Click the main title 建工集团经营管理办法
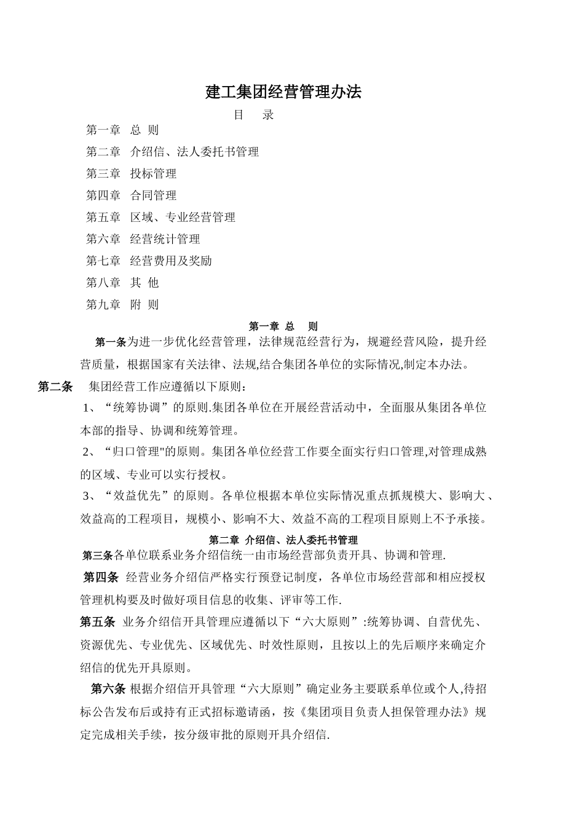click(x=283, y=92)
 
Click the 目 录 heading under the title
click(x=254, y=115)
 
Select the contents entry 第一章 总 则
click(x=122, y=130)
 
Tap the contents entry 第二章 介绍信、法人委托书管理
click(x=172, y=152)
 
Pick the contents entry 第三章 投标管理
click(x=131, y=174)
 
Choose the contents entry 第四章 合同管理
click(x=131, y=195)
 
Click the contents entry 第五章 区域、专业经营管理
click(x=160, y=218)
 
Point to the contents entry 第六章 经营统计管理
click(x=143, y=239)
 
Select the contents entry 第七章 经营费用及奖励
click(x=149, y=261)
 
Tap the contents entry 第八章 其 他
click(x=122, y=283)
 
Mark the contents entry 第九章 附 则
click(x=122, y=305)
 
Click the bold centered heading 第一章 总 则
click(x=283, y=326)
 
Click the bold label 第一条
click(x=111, y=342)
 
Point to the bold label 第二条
click(x=55, y=387)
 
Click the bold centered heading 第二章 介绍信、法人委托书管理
click(x=283, y=540)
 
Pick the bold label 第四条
click(x=101, y=577)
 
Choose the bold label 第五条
click(x=98, y=622)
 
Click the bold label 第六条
click(x=108, y=688)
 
